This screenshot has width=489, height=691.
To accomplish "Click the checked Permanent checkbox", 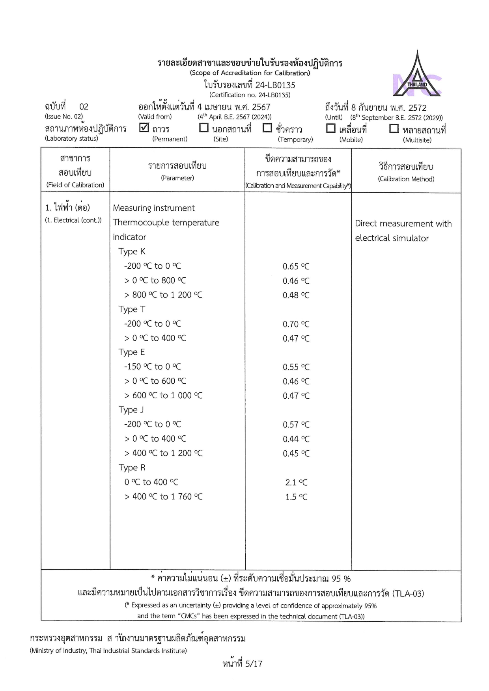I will click(144, 128).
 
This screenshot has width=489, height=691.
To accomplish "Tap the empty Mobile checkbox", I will click(330, 128).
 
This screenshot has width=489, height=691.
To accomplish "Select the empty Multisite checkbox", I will click(394, 128).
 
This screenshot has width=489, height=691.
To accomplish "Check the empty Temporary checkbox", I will click(267, 128).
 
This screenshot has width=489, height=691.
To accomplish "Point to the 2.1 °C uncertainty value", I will click(296, 483).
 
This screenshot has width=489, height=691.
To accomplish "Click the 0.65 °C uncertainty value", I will click(296, 267).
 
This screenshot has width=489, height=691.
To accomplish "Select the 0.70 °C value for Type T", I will click(296, 324).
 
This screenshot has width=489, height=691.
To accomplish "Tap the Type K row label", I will click(132, 251).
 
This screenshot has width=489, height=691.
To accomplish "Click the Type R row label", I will click(132, 468).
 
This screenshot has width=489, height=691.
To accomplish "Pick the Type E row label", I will click(131, 352).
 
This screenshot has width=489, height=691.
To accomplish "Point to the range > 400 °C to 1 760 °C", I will click(163, 497).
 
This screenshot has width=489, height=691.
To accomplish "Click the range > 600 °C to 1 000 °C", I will click(163, 396).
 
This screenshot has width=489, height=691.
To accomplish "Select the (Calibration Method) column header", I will click(406, 179).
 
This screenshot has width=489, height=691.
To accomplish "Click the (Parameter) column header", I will click(177, 178).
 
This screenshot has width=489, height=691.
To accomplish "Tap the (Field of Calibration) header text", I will click(75, 185).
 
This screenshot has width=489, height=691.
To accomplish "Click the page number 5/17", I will click(254, 664).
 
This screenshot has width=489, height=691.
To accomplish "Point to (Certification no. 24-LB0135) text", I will click(250, 95).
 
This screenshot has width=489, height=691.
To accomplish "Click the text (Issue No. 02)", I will click(64, 117).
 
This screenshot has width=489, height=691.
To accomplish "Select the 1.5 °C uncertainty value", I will click(296, 497).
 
